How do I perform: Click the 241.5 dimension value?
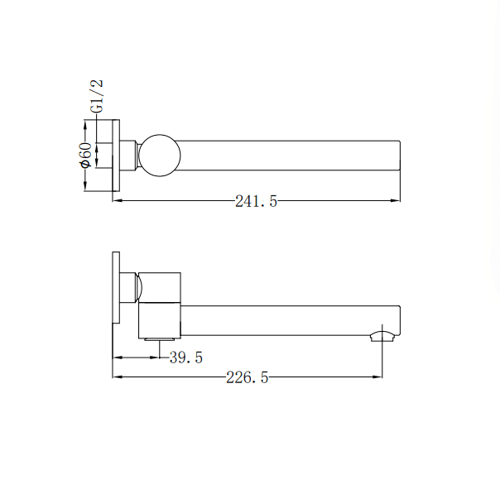coord(255,201)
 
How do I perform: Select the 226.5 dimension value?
coord(247,378)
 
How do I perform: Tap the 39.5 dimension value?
coord(186,358)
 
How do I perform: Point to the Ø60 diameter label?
coord(84,156)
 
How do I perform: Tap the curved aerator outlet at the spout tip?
coord(382,335)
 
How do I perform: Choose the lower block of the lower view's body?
coord(160,319)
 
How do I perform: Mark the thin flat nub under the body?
coord(160,338)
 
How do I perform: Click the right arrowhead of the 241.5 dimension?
coord(397,200)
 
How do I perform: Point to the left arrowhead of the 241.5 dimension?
coord(117,200)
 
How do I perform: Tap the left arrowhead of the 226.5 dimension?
coord(117,377)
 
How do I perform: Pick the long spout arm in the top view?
coord(290,156)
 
